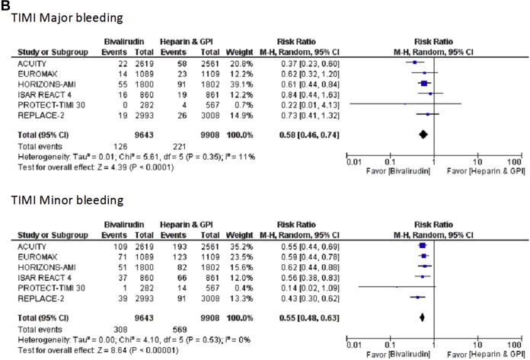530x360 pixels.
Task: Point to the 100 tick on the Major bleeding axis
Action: pyautogui.click(x=515, y=161)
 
